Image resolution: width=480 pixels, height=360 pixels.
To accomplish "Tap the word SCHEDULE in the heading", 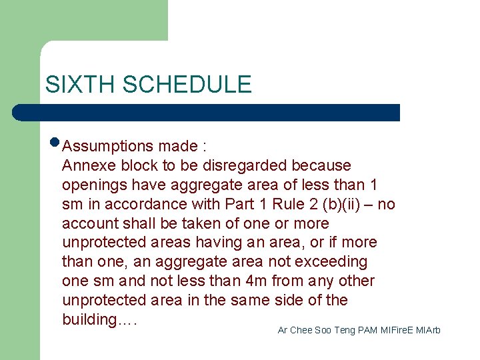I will point(187,85).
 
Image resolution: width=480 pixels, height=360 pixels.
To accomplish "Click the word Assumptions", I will point(108,146).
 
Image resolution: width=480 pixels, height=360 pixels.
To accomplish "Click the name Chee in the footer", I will point(301,331).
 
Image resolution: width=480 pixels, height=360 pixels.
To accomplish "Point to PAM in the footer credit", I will point(367,331).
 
